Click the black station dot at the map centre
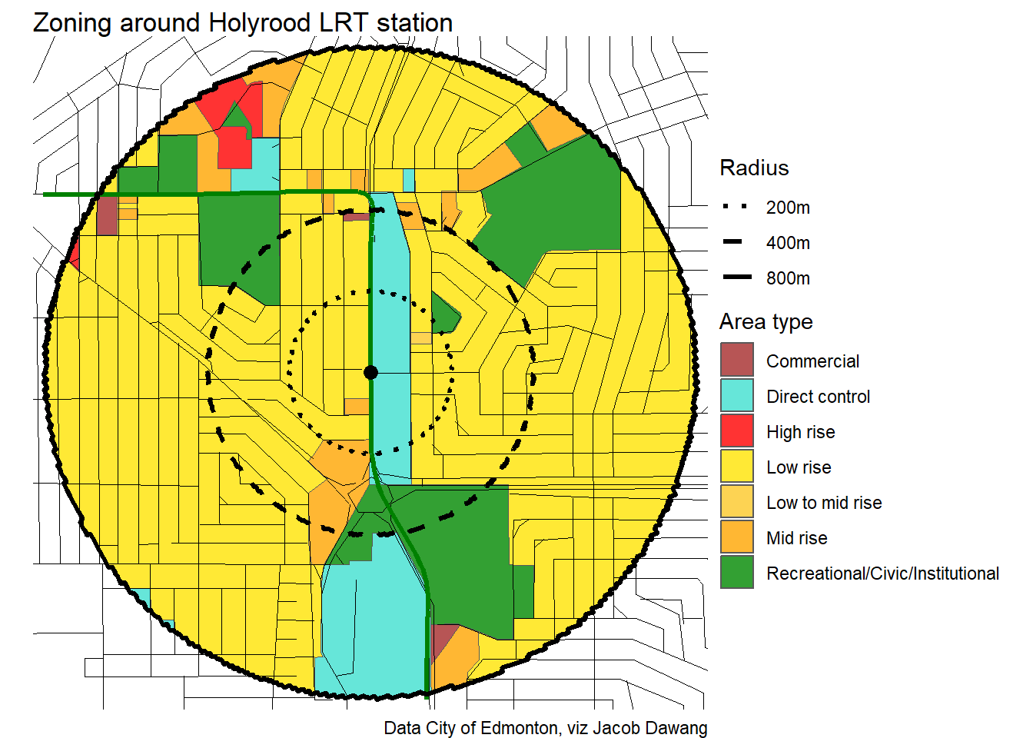370,372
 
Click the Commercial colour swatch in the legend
736,361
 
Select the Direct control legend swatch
736,396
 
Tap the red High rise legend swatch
736,431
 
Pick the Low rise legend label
799,467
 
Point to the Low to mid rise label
824,503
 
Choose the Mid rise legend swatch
736,537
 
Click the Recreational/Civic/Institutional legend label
882,573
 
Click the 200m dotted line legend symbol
735,207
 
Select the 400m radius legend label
788,243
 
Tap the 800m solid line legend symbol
736,278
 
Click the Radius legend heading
754,168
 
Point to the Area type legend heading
766,322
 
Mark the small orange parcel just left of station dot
356,406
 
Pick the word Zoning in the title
72,23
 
